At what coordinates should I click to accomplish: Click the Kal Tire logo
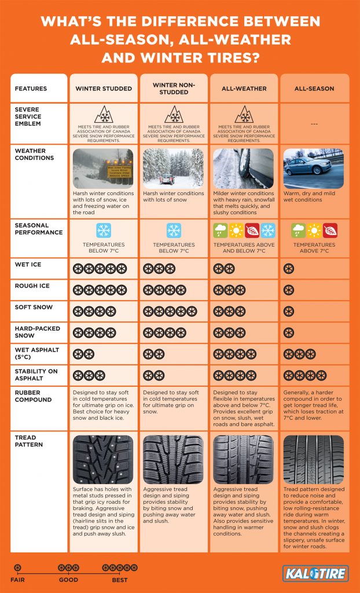coord(315,573)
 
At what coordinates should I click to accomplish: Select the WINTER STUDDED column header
coord(103,89)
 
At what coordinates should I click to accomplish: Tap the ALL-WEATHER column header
coord(244,89)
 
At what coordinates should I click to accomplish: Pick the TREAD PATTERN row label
coord(29,441)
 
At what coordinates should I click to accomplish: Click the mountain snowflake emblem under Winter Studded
coord(103,114)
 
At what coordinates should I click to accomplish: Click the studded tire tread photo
coord(103,460)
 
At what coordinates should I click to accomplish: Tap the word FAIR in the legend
coord(18,579)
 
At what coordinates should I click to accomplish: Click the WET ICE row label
coord(27,265)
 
